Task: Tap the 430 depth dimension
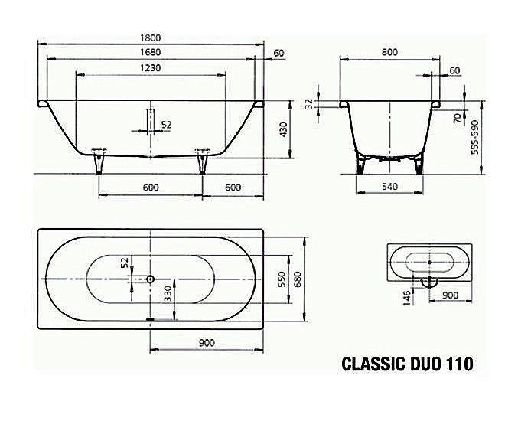coord(284,129)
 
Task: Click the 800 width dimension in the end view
coord(389,53)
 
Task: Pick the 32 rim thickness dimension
coord(310,104)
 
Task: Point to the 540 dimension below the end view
coord(389,188)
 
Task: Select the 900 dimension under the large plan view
coord(206,342)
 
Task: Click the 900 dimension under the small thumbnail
coord(451,295)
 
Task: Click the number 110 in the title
coord(458,364)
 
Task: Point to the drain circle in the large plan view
coord(150,279)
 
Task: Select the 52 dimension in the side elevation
coord(167,124)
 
